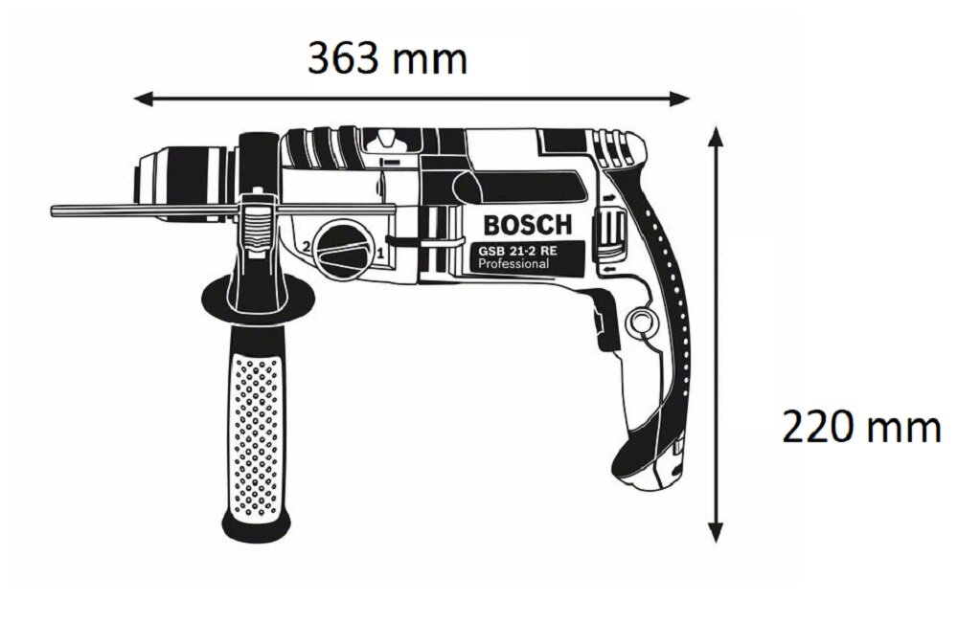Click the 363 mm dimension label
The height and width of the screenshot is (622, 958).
387,59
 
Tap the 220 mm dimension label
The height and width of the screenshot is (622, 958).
861,427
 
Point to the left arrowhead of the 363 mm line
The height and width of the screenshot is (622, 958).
141,98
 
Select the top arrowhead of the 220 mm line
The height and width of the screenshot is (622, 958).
715,135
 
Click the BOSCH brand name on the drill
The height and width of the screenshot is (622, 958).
526,227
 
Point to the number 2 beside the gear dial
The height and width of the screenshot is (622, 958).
306,247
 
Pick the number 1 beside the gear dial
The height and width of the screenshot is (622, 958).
380,254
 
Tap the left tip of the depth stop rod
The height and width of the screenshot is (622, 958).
55,209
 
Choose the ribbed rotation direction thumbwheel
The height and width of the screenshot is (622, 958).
611,234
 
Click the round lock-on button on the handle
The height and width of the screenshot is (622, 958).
639,322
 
